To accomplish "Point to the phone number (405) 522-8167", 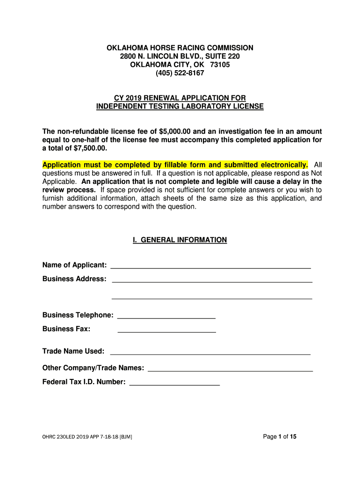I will [180, 73].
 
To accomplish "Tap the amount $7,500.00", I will [91, 148].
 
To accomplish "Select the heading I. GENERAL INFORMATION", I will [180, 240].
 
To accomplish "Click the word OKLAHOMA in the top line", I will [128, 48].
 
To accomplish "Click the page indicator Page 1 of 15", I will [280, 437].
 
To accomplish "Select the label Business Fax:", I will [66, 329].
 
